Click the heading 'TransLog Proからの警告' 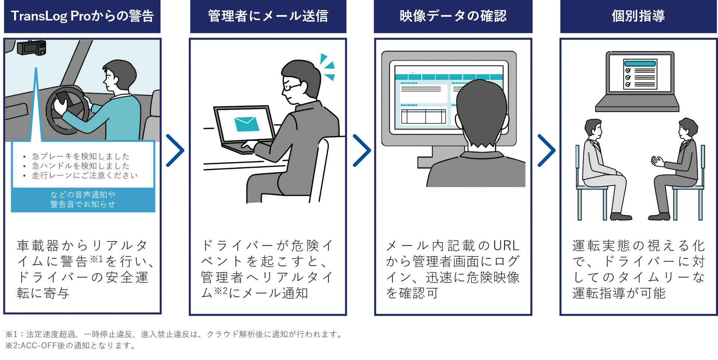(82, 16)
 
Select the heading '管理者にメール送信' (268, 16)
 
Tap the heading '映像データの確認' (453, 16)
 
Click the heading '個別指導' (638, 16)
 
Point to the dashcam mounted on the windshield (32, 48)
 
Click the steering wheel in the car (67, 110)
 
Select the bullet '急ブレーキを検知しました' (80, 156)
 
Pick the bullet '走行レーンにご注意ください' (85, 175)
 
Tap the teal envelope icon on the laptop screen (246, 124)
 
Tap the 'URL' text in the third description (506, 246)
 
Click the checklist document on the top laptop (640, 74)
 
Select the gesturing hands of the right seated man (657, 161)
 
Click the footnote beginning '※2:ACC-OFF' (71, 345)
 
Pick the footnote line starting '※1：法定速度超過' (174, 334)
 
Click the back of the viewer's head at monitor (482, 112)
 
